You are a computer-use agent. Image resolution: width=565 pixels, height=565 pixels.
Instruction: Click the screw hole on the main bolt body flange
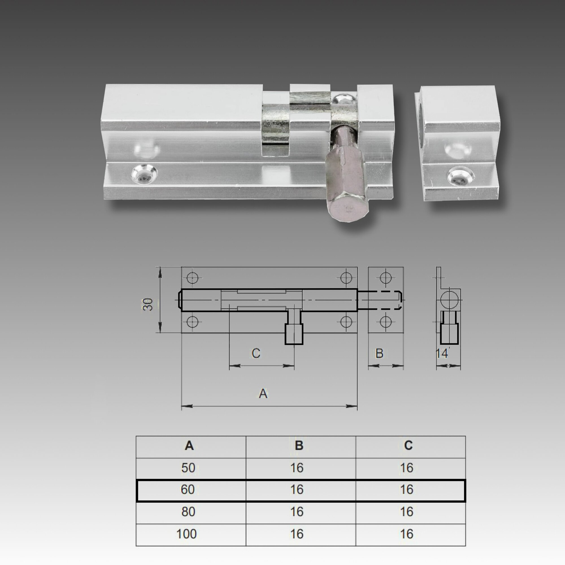pos(144,174)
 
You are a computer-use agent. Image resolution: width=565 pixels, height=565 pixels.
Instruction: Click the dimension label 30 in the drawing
pos(148,305)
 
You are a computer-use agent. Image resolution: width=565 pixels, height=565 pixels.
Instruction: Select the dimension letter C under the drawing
pos(256,354)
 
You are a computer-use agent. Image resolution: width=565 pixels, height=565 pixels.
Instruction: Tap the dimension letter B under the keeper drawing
pos(379,354)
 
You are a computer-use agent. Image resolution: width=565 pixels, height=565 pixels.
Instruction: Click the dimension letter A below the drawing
pos(263,394)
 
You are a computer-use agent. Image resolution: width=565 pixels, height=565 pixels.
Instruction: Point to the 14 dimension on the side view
pos(442,354)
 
